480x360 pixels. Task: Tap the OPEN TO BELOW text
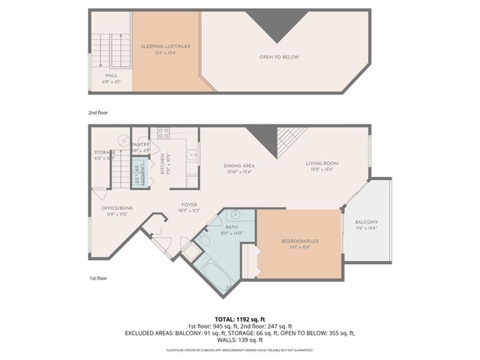click(279, 57)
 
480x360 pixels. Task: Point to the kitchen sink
click(191, 158)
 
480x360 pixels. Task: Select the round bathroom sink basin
click(232, 214)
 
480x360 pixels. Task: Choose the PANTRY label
click(140, 145)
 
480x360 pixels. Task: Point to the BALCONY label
click(366, 222)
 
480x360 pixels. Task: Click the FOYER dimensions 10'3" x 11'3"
click(189, 211)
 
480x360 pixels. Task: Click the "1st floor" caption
click(98, 278)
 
